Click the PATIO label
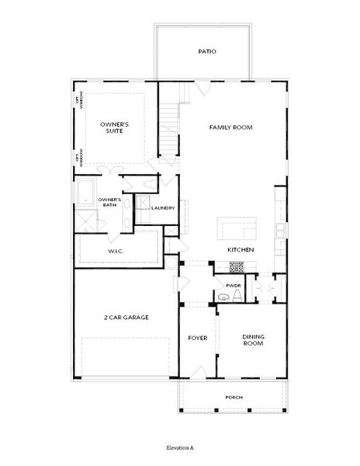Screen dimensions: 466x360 point(207,52)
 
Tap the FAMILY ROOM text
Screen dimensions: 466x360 point(231,127)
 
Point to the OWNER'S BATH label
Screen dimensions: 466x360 point(109,203)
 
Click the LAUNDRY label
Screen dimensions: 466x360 point(163,207)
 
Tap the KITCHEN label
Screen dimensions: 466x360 point(241,250)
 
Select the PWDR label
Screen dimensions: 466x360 point(234,286)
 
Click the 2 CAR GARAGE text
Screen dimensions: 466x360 point(126,317)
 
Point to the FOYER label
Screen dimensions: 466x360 point(197,338)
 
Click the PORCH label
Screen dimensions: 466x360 point(234,398)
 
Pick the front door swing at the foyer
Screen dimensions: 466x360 point(198,373)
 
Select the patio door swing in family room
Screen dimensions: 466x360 point(202,88)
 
